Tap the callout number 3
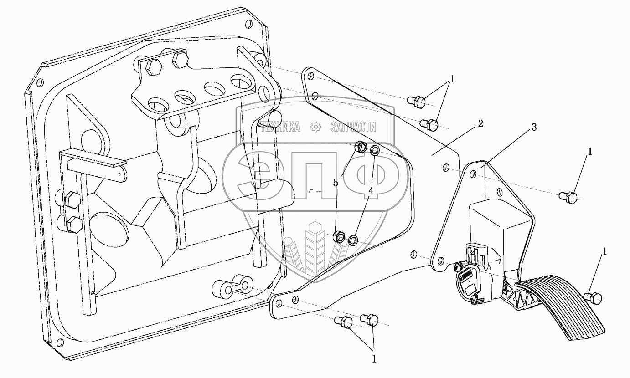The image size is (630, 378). click(534, 127)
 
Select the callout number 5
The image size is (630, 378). click(336, 183)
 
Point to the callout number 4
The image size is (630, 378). click(371, 192)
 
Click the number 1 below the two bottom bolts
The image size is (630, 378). click(374, 359)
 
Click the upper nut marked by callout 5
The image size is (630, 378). click(360, 147)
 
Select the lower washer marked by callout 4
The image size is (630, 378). click(353, 240)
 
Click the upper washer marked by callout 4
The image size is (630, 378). click(374, 150)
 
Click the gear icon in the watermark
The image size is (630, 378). click(315, 127)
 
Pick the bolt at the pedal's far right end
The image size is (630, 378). click(595, 298)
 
